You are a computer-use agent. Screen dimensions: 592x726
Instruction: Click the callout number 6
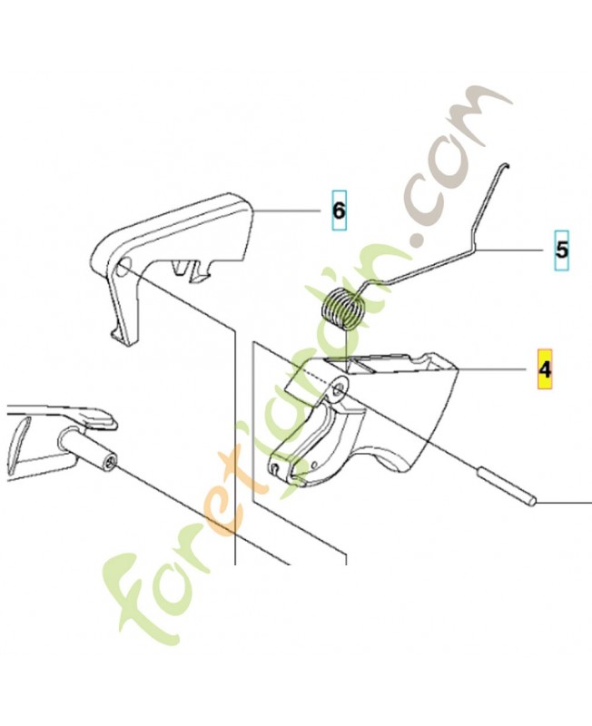coord(339,211)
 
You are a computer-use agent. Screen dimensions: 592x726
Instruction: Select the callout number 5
coord(561,250)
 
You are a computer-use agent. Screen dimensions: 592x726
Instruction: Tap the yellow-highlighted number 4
coord(545,369)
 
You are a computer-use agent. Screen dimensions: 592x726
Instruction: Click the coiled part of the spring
coord(343,309)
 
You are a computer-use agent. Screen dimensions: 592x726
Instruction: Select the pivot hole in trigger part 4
coord(340,389)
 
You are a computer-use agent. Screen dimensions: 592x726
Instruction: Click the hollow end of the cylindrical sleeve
coord(110,462)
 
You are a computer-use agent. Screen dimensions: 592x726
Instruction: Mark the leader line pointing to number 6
coord(287,211)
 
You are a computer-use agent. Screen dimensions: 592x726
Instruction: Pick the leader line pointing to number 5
coord(509,250)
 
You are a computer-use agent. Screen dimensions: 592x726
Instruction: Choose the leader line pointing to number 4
coord(492,369)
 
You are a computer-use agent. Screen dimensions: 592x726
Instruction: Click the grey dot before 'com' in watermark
coord(419,240)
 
